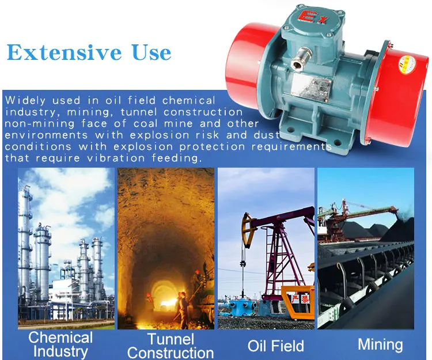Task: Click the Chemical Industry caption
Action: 60,344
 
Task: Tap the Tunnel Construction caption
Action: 170,346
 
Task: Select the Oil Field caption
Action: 275,346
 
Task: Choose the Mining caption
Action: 380,344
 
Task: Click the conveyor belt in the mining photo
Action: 363,288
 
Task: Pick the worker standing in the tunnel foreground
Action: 183,308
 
